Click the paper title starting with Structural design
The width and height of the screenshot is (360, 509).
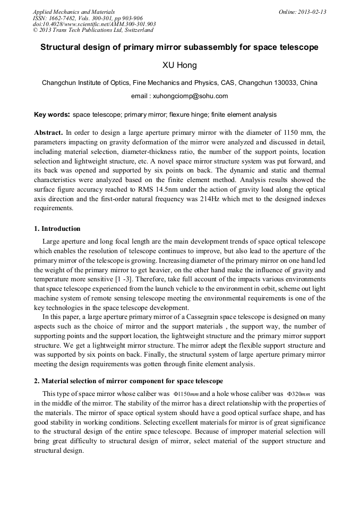179,47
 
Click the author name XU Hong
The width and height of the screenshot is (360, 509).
179,66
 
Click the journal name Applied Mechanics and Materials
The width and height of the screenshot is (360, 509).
74,12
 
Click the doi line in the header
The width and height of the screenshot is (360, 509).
94,24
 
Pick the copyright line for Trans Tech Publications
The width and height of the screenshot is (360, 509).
93,30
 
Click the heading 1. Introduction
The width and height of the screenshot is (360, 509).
57,229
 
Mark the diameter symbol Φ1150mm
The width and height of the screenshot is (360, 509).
186,395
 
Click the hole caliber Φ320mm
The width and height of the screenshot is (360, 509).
298,395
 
